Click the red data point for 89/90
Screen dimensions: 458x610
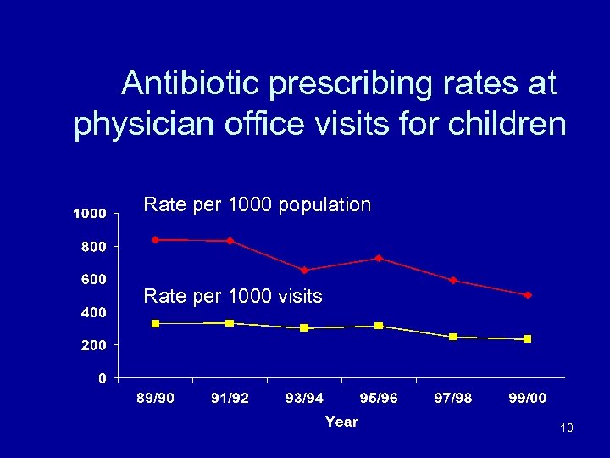[x=155, y=240]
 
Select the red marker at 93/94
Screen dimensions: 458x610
[x=304, y=271]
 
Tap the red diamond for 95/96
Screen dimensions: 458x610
[x=379, y=258]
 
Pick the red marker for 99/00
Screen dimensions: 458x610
[x=528, y=295]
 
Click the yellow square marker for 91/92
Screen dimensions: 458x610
[x=230, y=323]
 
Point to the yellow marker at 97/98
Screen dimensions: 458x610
[x=453, y=337]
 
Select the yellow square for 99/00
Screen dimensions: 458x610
[x=528, y=339]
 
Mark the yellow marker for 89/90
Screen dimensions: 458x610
[x=155, y=324]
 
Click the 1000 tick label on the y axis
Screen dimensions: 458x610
[x=88, y=214]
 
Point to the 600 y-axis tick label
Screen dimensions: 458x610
[x=93, y=279]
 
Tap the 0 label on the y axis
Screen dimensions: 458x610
[x=102, y=378]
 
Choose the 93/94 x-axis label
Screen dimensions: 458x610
[x=304, y=399]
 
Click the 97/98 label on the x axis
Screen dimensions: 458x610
[x=453, y=399]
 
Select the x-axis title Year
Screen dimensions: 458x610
[x=341, y=422]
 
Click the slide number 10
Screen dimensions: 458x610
[x=566, y=427]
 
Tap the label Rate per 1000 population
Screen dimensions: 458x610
[x=258, y=204]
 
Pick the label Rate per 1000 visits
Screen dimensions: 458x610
[x=233, y=296]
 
